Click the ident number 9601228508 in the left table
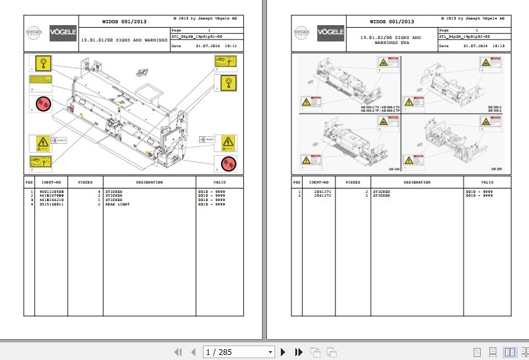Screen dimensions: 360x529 click(x=50, y=192)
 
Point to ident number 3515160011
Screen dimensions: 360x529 click(x=50, y=204)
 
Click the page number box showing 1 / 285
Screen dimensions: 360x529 click(x=239, y=352)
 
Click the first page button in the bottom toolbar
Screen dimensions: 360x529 click(x=178, y=352)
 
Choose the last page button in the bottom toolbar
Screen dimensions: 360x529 click(x=299, y=352)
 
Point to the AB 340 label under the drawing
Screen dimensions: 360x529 click(x=394, y=170)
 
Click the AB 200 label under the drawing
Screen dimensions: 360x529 click(x=497, y=170)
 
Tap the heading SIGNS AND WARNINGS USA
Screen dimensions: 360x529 click(x=390, y=40)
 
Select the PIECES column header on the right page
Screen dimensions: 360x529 click(x=353, y=182)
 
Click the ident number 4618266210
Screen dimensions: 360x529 click(x=50, y=200)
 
